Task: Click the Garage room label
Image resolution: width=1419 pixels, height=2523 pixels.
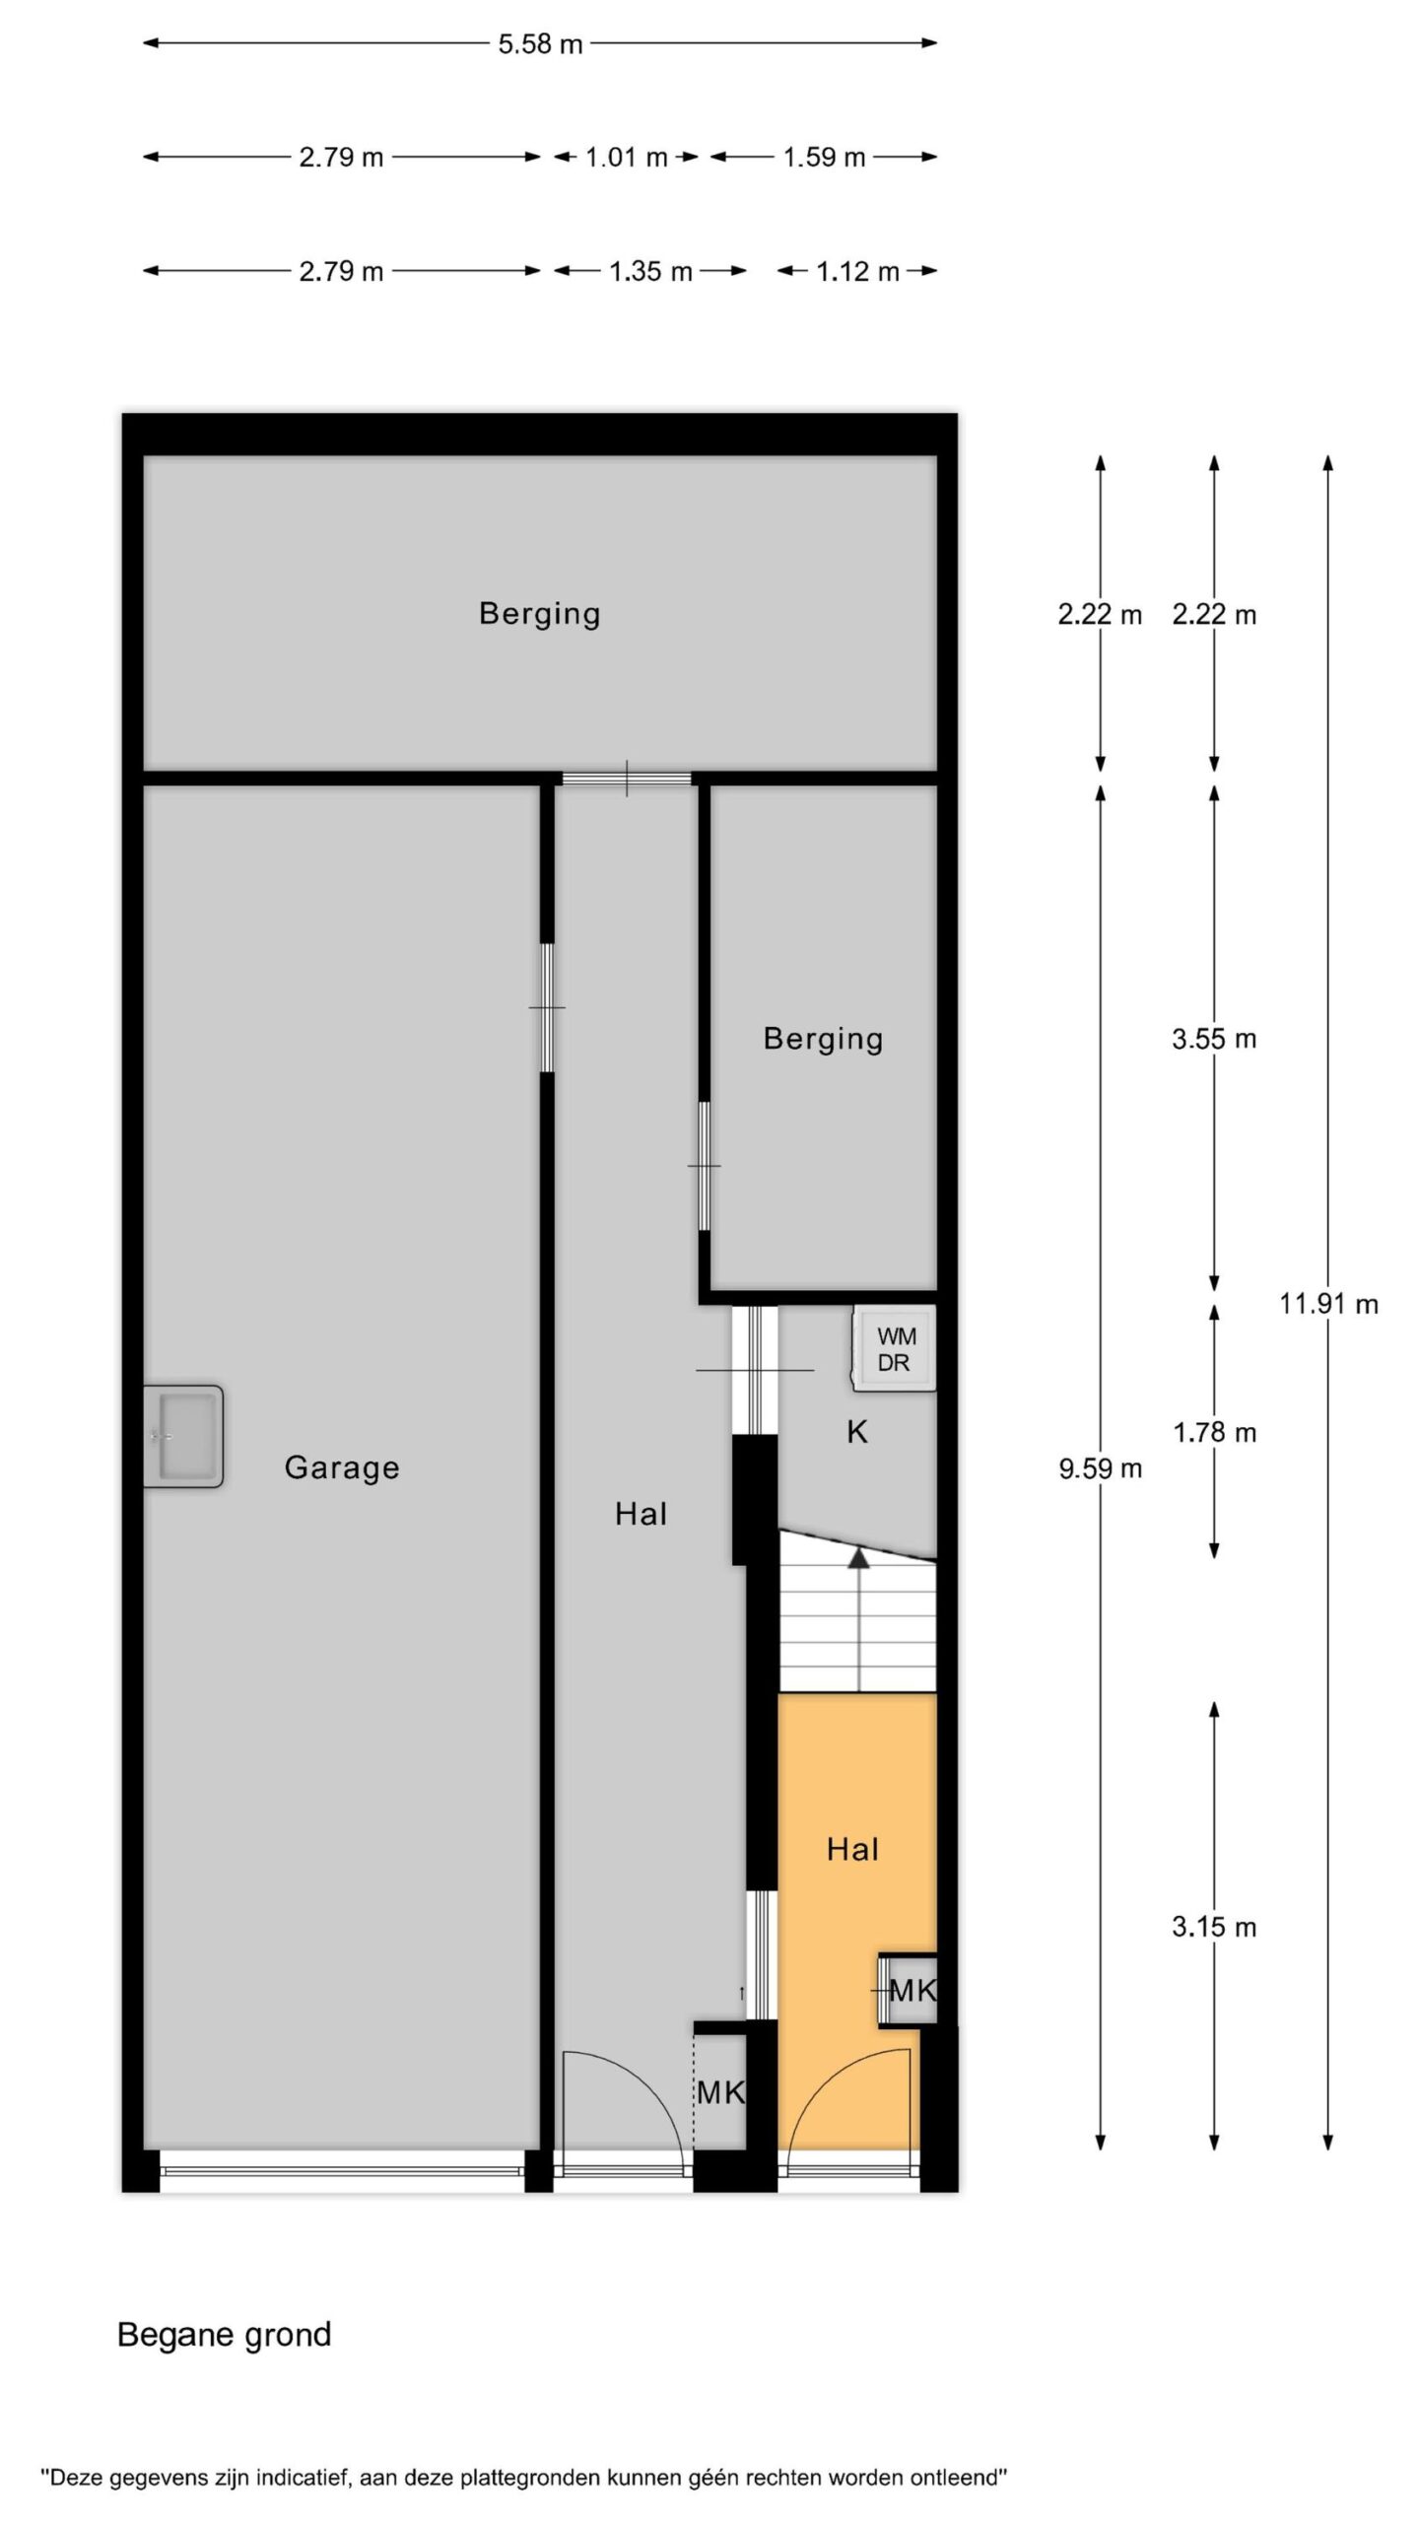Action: [x=342, y=1468]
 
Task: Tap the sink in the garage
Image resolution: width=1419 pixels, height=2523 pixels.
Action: [x=182, y=1436]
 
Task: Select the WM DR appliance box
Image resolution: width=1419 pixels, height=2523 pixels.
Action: [x=895, y=1349]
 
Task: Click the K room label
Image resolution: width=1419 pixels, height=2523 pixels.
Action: [x=857, y=1432]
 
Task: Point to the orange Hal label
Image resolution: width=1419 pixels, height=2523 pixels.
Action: [x=852, y=1849]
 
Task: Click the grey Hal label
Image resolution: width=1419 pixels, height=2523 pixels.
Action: [x=641, y=1514]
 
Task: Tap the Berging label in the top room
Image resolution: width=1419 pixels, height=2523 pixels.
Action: [x=539, y=614]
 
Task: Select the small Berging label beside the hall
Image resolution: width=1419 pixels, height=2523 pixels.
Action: [x=823, y=1039]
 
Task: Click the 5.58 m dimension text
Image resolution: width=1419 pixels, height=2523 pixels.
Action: [x=540, y=44]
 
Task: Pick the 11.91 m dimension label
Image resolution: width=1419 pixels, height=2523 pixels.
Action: [x=1328, y=1304]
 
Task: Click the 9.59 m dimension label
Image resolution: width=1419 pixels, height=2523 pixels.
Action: [x=1101, y=1469]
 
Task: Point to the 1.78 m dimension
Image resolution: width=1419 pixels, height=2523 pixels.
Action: [x=1214, y=1433]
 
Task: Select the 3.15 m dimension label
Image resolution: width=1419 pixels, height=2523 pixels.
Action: [x=1214, y=1928]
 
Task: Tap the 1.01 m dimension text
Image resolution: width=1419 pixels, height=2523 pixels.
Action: [x=627, y=158]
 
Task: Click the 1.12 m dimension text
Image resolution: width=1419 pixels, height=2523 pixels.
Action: [x=857, y=272]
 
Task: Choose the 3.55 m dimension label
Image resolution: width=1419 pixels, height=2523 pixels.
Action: [x=1214, y=1039]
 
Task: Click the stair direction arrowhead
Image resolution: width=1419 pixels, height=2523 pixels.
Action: [x=859, y=1556]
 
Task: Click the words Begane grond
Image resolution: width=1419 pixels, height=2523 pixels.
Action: [x=225, y=2335]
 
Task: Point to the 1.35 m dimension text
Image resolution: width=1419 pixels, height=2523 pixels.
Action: [x=650, y=272]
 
